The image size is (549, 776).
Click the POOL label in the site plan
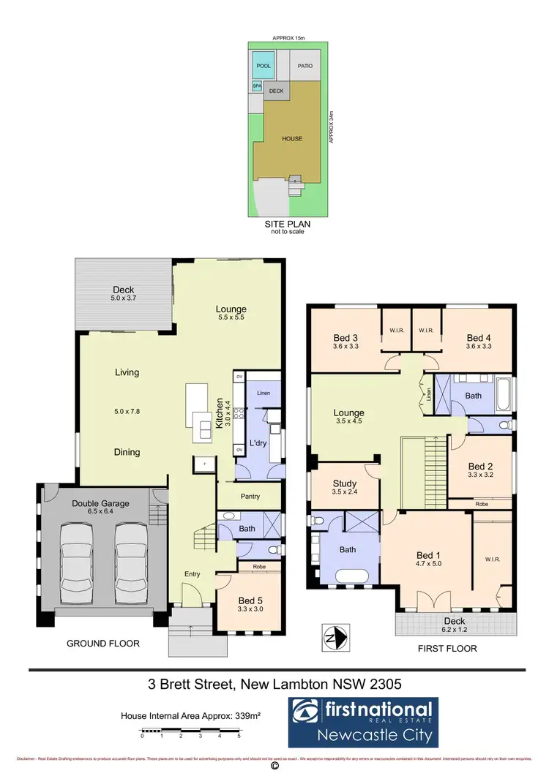264,67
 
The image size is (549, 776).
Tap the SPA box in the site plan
257,86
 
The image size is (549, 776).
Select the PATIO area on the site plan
305,67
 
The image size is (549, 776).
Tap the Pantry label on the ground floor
250,497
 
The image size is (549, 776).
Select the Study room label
344,483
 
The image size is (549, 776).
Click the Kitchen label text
218,413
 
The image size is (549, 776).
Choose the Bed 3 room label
346,337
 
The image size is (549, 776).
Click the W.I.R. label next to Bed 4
427,329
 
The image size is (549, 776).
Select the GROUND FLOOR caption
103,644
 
